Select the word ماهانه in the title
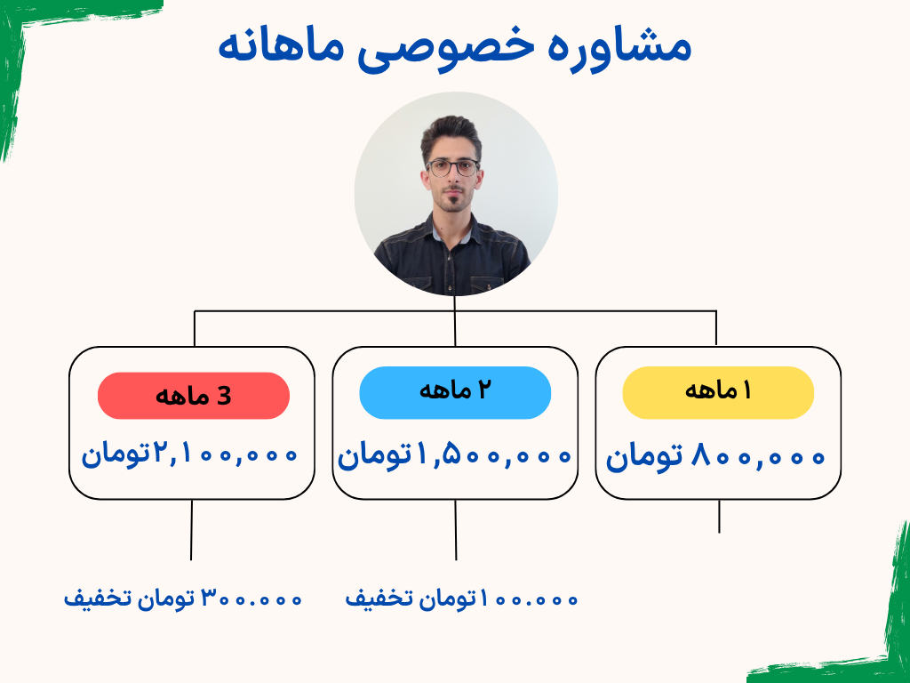click(x=281, y=46)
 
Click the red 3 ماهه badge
click(x=193, y=396)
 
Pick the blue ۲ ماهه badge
click(x=455, y=392)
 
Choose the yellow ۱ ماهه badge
click(x=718, y=392)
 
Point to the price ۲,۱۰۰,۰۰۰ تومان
click(x=189, y=454)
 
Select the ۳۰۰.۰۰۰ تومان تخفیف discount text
click(x=183, y=599)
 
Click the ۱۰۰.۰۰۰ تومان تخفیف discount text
click(x=461, y=599)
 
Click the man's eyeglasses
click(x=452, y=168)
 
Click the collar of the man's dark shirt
click(x=451, y=232)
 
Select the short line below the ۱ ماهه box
click(x=719, y=517)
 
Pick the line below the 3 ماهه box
click(x=192, y=530)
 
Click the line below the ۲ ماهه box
click(x=456, y=530)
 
